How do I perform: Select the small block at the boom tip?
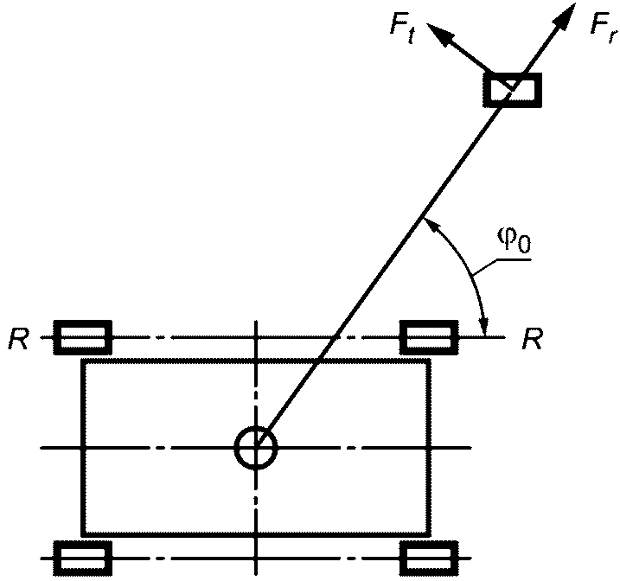point(513,89)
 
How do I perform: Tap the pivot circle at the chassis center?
point(256,448)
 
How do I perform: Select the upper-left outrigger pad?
point(83,336)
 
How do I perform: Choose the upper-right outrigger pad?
point(429,336)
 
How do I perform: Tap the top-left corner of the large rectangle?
point(83,361)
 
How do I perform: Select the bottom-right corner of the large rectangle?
point(429,534)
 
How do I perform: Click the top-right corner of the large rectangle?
point(429,361)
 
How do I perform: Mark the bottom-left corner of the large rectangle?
point(83,534)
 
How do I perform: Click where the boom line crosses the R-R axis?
point(336,336)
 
